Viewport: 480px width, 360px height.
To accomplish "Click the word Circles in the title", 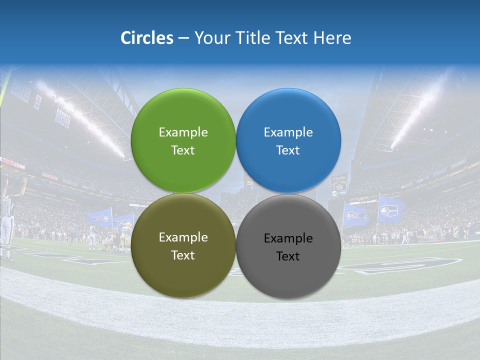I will [147, 38].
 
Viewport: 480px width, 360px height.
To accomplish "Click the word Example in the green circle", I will [183, 132].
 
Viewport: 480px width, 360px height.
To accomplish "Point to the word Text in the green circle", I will [183, 150].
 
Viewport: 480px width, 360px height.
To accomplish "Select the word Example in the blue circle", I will [288, 132].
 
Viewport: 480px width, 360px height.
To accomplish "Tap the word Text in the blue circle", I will [288, 150].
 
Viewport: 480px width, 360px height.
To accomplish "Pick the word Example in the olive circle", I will [183, 237].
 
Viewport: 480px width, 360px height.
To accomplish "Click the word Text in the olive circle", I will [183, 255].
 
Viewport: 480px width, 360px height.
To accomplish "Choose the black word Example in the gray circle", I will [288, 238].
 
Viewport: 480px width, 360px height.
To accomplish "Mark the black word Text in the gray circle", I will [288, 256].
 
